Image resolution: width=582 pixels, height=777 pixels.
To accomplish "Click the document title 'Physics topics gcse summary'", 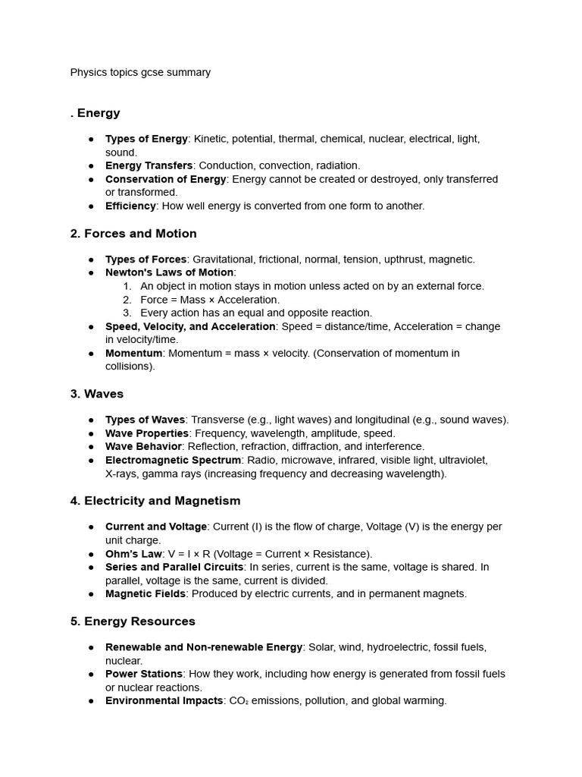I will point(140,73).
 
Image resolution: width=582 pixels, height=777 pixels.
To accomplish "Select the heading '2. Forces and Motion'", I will point(133,234).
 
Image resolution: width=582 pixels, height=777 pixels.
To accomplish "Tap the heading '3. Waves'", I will point(97,394).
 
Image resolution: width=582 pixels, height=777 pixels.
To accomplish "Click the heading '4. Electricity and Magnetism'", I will point(155,501).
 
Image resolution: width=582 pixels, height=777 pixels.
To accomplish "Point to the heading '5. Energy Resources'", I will point(133,621).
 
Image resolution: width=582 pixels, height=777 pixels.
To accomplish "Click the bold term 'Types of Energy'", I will point(146,139).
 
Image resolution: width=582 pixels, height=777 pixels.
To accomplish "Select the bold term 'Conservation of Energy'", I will point(165,179).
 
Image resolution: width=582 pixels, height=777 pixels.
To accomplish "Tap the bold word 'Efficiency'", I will point(130,206).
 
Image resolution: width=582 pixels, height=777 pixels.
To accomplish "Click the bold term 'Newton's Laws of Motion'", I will point(170,272).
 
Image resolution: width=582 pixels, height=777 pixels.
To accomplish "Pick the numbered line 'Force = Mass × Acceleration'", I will point(210,300).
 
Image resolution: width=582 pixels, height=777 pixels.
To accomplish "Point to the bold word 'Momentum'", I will point(133,353).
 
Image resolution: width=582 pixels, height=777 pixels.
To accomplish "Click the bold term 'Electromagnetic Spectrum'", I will point(174,460).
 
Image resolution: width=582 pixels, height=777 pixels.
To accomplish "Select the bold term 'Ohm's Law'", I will point(133,554).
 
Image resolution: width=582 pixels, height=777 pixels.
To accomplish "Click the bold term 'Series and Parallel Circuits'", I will point(174,567).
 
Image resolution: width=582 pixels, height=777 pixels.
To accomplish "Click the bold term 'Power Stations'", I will point(144,674).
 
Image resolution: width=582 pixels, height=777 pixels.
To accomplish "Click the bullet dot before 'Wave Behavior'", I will point(91,447).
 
